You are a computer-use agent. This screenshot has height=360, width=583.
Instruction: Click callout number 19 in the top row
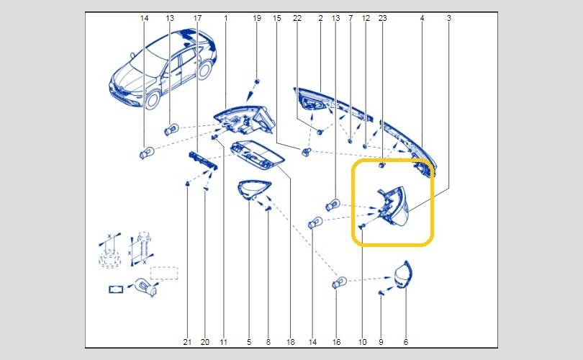pyautogui.click(x=257, y=18)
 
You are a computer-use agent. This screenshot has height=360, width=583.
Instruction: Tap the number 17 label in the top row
pyautogui.click(x=197, y=18)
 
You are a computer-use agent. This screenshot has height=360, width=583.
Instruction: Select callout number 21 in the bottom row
pyautogui.click(x=187, y=342)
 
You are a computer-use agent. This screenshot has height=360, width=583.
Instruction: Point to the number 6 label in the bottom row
pyautogui.click(x=406, y=342)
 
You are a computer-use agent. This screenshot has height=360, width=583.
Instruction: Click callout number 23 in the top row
pyautogui.click(x=383, y=18)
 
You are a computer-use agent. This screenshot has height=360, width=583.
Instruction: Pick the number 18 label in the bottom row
pyautogui.click(x=290, y=342)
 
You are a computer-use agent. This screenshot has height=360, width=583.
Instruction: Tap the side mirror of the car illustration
pyautogui.click(x=132, y=55)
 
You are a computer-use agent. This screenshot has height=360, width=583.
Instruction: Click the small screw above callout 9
pyautogui.click(x=381, y=293)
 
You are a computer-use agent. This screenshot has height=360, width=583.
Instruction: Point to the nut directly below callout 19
pyautogui.click(x=256, y=81)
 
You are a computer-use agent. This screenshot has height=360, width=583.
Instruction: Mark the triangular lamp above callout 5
pyautogui.click(x=254, y=189)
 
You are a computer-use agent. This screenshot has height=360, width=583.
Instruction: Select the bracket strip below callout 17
pyautogui.click(x=203, y=161)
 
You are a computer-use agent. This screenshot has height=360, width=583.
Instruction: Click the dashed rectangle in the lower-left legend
pyautogui.click(x=164, y=273)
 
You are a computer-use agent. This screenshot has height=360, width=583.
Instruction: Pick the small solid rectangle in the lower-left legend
pyautogui.click(x=116, y=289)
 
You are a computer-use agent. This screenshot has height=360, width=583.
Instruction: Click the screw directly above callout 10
pyautogui.click(x=362, y=226)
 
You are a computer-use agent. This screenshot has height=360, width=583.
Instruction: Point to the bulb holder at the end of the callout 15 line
pyautogui.click(x=306, y=151)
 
